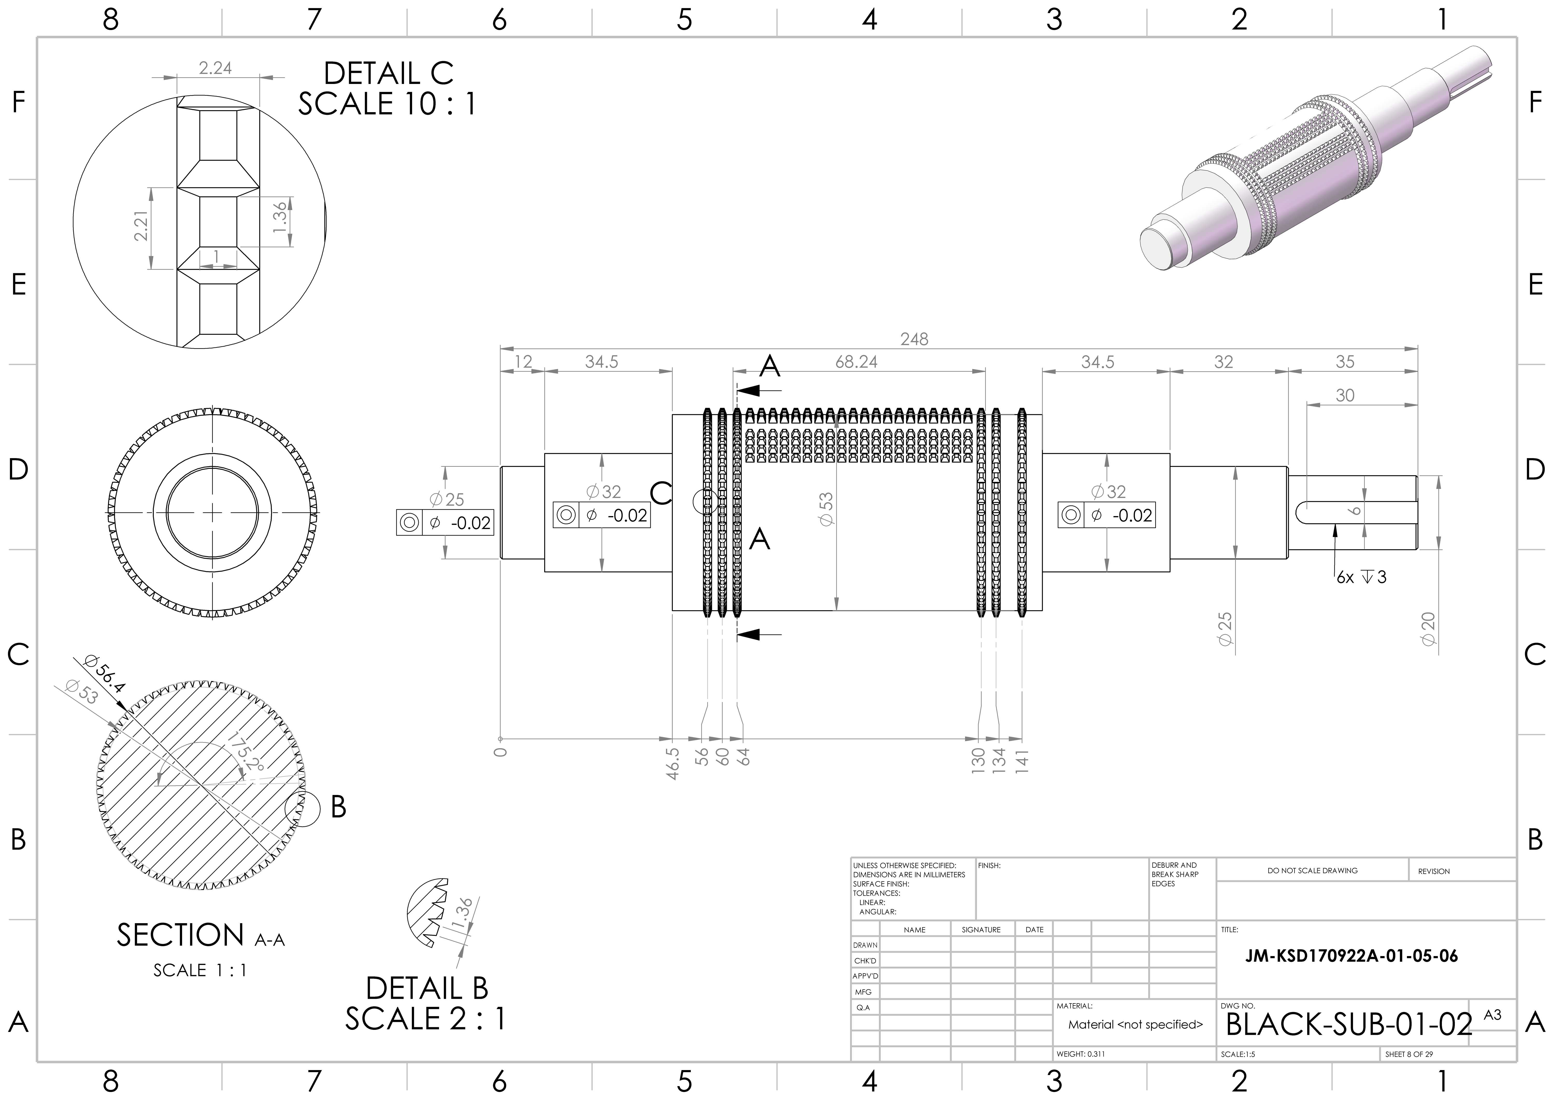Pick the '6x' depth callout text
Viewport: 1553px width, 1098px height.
click(x=1345, y=577)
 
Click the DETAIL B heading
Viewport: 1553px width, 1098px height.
click(x=427, y=988)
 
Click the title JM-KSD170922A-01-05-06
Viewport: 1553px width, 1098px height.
click(x=1351, y=956)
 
